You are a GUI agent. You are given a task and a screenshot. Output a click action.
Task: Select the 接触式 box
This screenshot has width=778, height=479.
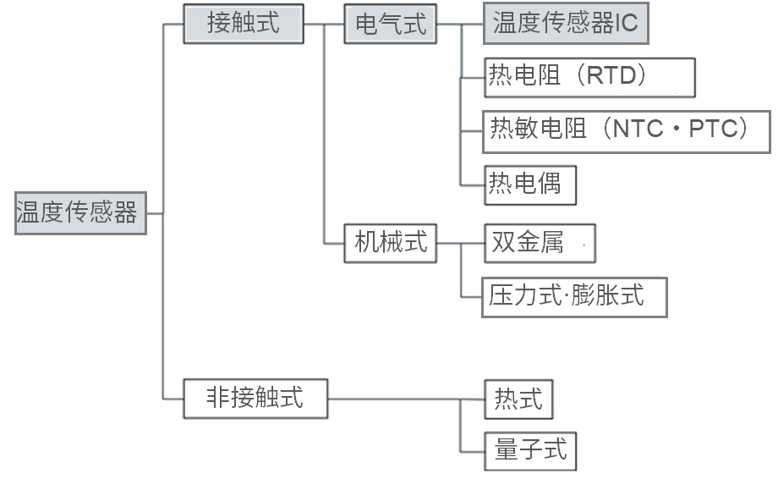(x=243, y=24)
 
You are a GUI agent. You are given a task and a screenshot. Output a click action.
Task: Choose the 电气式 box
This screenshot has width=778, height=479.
(x=390, y=25)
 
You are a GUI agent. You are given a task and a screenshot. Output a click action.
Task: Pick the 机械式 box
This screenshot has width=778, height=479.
(x=390, y=244)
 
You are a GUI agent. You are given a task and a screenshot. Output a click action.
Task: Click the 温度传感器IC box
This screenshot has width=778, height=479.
(x=565, y=24)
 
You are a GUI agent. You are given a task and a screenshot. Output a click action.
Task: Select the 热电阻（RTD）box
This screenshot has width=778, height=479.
(x=589, y=77)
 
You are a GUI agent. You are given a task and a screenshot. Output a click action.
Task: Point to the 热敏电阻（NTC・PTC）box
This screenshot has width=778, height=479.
(x=626, y=131)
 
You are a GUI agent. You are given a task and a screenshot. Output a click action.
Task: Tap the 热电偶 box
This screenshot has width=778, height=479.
(x=529, y=184)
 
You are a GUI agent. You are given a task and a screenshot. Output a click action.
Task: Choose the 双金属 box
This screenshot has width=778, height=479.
(x=539, y=244)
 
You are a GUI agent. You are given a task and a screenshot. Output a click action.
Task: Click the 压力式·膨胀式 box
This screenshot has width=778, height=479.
(x=574, y=296)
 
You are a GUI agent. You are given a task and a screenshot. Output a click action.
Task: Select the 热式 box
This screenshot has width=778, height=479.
(x=518, y=399)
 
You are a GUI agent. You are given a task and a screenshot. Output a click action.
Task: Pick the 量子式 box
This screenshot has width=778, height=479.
(x=530, y=450)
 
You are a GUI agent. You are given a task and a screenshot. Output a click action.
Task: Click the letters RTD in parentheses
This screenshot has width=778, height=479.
(x=617, y=77)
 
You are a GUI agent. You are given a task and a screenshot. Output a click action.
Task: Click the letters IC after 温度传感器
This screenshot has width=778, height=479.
(x=626, y=24)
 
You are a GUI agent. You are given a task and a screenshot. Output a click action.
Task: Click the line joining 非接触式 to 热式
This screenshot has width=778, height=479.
(x=393, y=399)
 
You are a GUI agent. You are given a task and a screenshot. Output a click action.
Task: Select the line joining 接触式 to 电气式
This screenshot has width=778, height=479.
(x=324, y=24)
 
